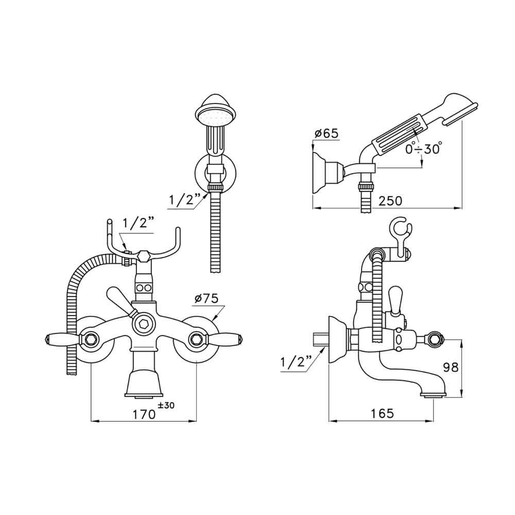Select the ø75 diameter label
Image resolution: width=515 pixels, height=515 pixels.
207,298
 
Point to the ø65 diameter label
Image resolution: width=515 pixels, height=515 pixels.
325,133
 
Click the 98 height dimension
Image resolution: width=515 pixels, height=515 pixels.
452,367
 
